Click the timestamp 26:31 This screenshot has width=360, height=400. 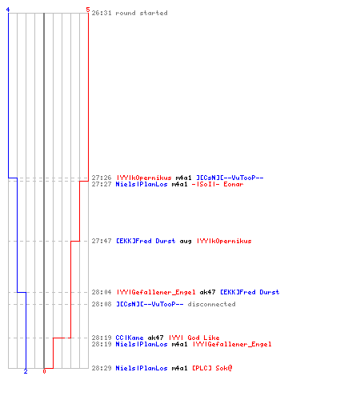click(102, 13)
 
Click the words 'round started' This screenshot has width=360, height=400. click(142, 13)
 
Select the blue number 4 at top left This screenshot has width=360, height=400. click(8, 10)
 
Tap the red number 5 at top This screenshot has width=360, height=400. click(88, 10)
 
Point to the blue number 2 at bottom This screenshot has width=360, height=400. click(26, 371)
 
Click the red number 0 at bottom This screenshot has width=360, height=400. click(44, 371)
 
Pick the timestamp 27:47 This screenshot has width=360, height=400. click(102, 241)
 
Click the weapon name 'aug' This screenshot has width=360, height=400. click(186, 242)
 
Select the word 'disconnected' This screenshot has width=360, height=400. click(211, 304)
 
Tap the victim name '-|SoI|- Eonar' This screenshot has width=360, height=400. click(218, 184)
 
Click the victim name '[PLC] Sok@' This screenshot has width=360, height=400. click(212, 368)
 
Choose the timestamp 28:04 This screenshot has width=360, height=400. click(102, 292)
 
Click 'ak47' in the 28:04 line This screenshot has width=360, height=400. click(207, 292)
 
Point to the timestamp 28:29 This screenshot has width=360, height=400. click(102, 368)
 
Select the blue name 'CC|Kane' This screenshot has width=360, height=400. click(130, 338)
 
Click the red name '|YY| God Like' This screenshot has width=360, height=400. click(194, 338)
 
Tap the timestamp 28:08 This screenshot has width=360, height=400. click(102, 304)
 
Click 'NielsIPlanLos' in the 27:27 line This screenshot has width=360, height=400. click(142, 184)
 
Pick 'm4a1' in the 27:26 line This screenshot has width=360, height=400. click(183, 178)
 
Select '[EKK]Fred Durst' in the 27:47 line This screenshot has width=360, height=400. click(146, 241)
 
